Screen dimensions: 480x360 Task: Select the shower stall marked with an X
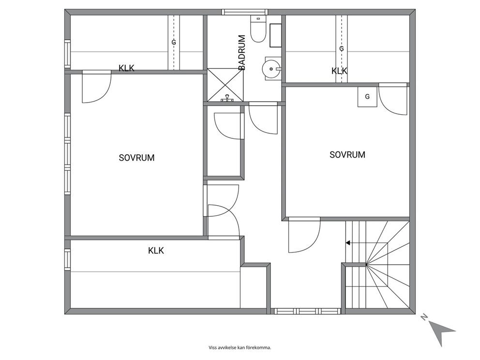pyautogui.click(x=225, y=85)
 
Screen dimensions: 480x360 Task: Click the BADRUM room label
pyautogui.click(x=242, y=52)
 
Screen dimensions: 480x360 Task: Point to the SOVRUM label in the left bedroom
pyautogui.click(x=136, y=158)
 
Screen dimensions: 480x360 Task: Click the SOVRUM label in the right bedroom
pyautogui.click(x=347, y=154)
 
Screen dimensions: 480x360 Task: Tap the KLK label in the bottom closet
pyautogui.click(x=156, y=251)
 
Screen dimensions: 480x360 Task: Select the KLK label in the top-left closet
pyautogui.click(x=126, y=68)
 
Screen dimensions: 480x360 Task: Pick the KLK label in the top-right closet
pyautogui.click(x=339, y=71)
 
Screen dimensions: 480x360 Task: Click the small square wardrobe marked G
pyautogui.click(x=367, y=97)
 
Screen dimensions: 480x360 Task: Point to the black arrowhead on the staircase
pyautogui.click(x=348, y=243)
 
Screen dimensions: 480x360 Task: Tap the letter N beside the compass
pyautogui.click(x=424, y=317)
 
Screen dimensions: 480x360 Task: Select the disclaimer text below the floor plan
pyautogui.click(x=240, y=347)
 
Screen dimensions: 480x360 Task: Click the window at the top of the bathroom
pyautogui.click(x=245, y=12)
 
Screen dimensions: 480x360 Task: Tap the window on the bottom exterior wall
pyautogui.click(x=307, y=311)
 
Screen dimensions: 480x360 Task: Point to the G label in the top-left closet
pyautogui.click(x=174, y=43)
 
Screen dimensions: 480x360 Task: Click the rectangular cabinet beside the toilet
pyautogui.click(x=275, y=35)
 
